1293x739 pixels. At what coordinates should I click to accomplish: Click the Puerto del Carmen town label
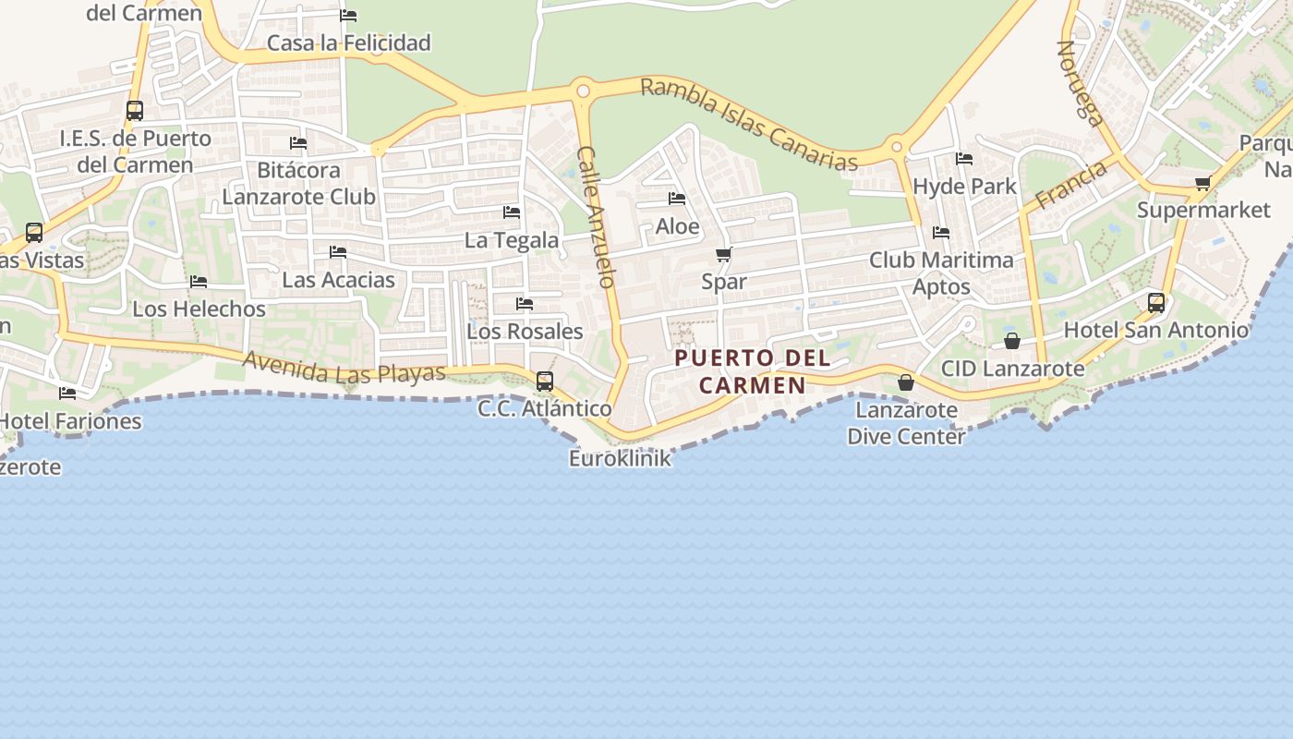tap(752, 371)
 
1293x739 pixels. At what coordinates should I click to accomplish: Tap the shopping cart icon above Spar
tap(724, 254)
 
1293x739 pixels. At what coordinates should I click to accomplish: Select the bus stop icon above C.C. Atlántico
tap(545, 381)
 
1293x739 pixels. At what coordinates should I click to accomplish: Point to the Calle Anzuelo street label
tap(597, 217)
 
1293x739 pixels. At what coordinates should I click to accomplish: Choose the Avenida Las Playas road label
tap(344, 368)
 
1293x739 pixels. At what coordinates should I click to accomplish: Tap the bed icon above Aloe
tap(677, 199)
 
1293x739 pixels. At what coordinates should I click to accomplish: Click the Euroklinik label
tap(620, 458)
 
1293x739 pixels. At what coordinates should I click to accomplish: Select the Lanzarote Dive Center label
tap(906, 423)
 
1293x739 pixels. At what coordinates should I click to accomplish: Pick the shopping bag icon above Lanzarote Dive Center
tap(906, 382)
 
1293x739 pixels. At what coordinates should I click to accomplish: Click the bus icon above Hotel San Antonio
tap(1155, 302)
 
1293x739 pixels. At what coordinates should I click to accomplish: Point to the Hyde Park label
tap(964, 187)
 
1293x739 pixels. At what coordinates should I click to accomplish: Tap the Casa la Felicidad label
tap(348, 42)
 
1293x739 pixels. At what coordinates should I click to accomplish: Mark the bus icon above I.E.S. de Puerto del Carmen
tap(135, 111)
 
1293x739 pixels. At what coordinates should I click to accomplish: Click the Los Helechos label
tap(199, 309)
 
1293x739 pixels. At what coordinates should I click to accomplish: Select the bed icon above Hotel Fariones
tap(67, 394)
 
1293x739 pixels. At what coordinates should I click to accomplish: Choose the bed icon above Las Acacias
tap(338, 251)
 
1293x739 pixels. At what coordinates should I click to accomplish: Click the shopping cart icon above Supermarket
tap(1202, 183)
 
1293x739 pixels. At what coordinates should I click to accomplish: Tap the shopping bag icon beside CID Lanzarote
tap(1012, 341)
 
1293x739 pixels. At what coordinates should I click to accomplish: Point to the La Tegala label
tap(512, 240)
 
